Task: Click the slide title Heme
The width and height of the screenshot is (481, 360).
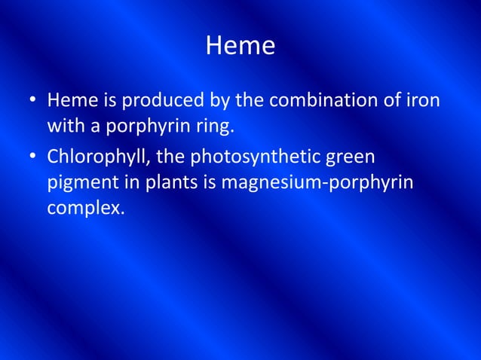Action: click(240, 47)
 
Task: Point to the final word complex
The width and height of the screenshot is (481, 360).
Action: click(84, 208)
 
